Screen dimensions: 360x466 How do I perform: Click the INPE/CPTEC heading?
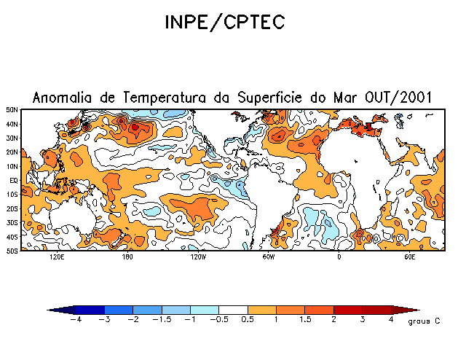pos(224,23)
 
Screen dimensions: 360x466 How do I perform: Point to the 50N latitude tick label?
pos(12,109)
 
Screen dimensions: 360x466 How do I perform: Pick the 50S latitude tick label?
pos(12,251)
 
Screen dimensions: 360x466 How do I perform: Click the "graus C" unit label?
pos(424,321)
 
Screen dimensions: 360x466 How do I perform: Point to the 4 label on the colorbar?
pos(391,320)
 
